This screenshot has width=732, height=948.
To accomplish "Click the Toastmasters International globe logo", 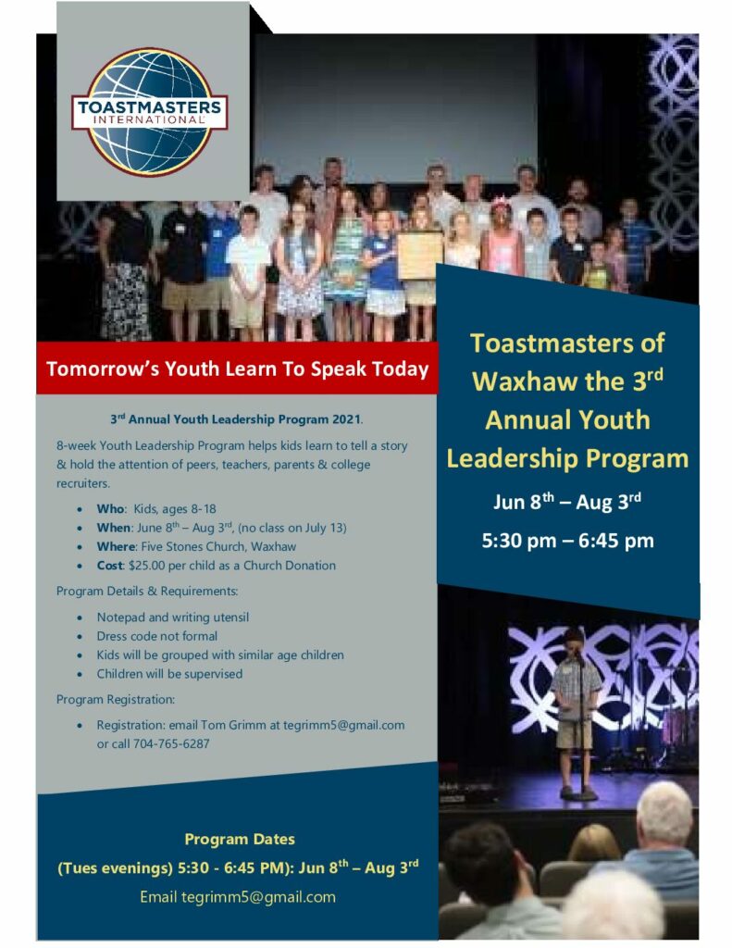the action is click(x=149, y=112).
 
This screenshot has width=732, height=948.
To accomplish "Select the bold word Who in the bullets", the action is click(x=111, y=509).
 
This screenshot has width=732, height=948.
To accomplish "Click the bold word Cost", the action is click(x=110, y=566).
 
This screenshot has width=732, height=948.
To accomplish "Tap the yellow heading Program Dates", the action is click(x=240, y=839).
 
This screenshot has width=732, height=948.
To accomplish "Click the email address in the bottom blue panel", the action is click(x=259, y=896).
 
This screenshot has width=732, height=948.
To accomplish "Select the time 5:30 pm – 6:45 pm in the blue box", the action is click(x=567, y=540).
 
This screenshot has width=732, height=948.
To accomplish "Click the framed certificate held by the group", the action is click(x=420, y=256).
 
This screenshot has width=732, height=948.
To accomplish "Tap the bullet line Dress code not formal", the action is click(x=157, y=636).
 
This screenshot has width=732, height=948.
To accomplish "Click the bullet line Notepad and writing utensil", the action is click(x=173, y=617).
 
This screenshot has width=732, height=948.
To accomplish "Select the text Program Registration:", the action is click(x=116, y=700).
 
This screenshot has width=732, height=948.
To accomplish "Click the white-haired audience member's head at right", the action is click(x=664, y=812).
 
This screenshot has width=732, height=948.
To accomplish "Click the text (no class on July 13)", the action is click(x=292, y=528).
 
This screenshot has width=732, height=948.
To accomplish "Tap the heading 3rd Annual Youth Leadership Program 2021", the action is click(x=236, y=419).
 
